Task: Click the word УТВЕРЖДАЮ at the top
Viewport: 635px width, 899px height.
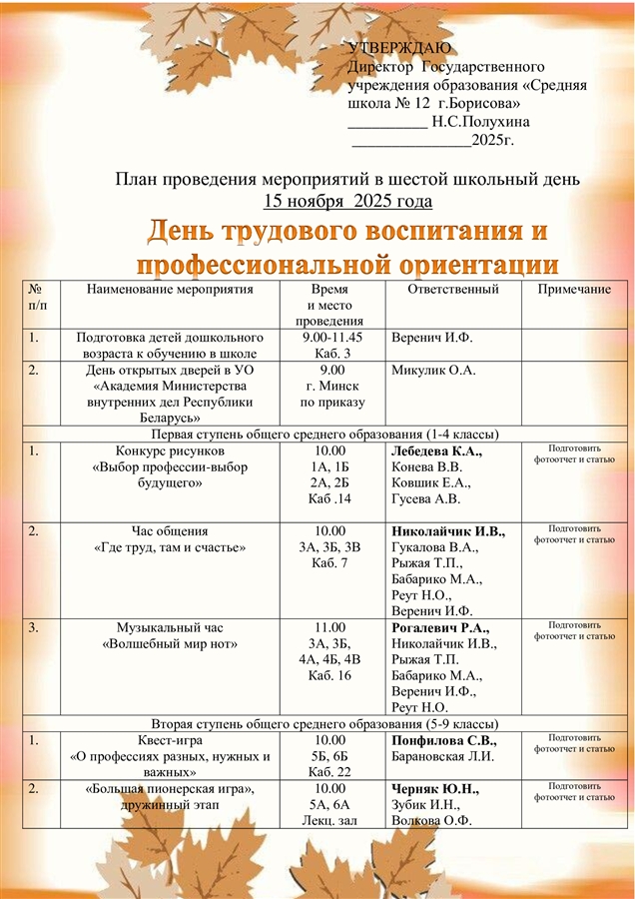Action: [x=399, y=48]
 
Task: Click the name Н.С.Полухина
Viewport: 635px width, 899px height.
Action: [x=481, y=122]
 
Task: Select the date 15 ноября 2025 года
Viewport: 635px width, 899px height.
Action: [x=347, y=201]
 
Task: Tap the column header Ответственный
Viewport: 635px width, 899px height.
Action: [x=453, y=290]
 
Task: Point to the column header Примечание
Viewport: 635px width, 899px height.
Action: [x=574, y=290]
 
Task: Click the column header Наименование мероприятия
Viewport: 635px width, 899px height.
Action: [x=171, y=290]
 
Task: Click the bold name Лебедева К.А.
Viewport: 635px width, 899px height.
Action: [x=437, y=450]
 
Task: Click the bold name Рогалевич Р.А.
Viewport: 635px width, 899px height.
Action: [x=440, y=627]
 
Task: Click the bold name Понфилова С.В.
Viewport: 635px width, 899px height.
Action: [x=444, y=740]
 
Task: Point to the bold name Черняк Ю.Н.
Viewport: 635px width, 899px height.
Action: [x=435, y=789]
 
